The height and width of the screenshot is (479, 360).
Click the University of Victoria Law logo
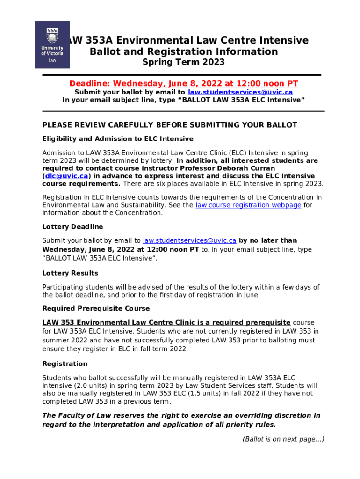point(52,44)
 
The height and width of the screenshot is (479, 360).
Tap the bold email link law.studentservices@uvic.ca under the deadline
point(240,92)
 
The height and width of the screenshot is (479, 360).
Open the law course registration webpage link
point(248,205)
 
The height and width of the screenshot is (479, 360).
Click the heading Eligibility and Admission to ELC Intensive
point(118,139)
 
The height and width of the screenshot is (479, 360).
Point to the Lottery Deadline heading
point(72,227)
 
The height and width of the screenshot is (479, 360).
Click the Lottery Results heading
point(70,273)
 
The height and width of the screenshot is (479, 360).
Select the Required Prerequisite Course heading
point(96,309)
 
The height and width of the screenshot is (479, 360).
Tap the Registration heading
point(65,364)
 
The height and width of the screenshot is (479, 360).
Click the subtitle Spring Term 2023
point(183,62)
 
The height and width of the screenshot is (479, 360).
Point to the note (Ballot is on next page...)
point(283,439)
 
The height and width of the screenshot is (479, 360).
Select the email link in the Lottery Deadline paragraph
point(189,240)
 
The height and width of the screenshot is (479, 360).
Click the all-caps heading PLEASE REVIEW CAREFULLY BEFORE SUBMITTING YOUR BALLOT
point(170,125)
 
